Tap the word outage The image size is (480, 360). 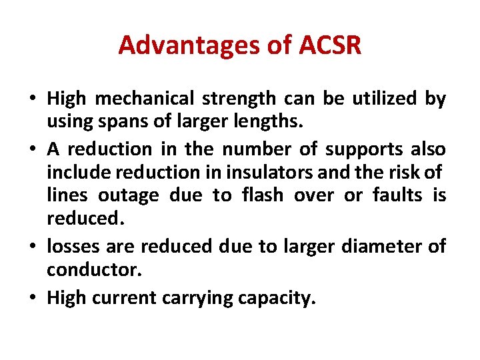click(129, 195)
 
